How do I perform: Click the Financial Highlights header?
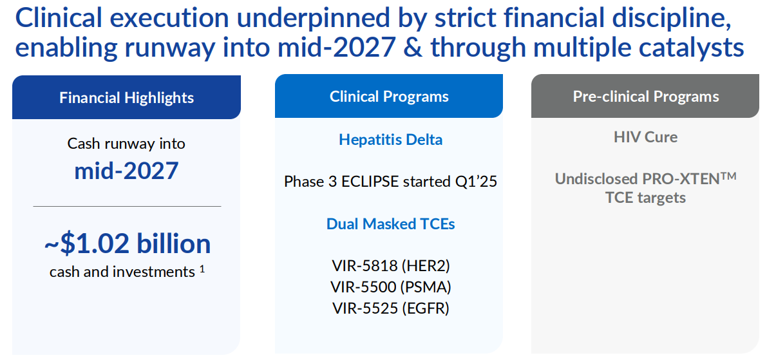pyautogui.click(x=127, y=97)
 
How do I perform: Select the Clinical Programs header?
pyautogui.click(x=389, y=97)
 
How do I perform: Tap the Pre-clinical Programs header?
pyautogui.click(x=646, y=97)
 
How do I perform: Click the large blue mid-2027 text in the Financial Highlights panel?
pyautogui.click(x=127, y=171)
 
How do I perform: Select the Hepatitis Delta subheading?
pyautogui.click(x=390, y=140)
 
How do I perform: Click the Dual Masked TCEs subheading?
pyautogui.click(x=390, y=224)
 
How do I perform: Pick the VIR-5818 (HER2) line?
pyautogui.click(x=390, y=266)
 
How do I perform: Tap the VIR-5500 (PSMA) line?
pyautogui.click(x=390, y=287)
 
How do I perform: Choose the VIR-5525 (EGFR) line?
pyautogui.click(x=390, y=308)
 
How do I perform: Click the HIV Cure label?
pyautogui.click(x=646, y=137)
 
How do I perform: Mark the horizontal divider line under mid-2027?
pyautogui.click(x=127, y=207)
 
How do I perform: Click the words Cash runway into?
pyautogui.click(x=126, y=144)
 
